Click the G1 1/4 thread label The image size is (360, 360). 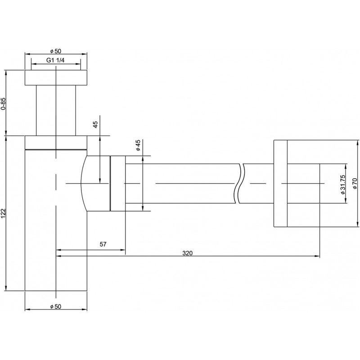point(55,60)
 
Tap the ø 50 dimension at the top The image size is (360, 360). point(56,51)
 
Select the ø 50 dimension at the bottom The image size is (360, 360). point(56,306)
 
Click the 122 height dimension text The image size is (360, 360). point(3,213)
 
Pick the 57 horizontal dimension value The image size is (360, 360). point(103,244)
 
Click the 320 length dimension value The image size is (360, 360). point(187,253)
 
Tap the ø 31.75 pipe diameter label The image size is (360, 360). point(342,184)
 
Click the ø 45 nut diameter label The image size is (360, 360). point(138,145)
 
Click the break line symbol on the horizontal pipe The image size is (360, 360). point(239,184)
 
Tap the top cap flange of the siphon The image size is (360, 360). point(56,77)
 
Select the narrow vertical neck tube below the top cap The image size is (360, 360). point(56,110)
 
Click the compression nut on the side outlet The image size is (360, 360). point(118,184)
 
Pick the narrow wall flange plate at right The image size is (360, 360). point(280,184)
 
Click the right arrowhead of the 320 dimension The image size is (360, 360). point(318,256)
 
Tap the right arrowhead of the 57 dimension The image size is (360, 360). point(123,250)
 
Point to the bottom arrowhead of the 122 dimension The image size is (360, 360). point(6,288)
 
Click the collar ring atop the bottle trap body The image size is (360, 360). point(56,143)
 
